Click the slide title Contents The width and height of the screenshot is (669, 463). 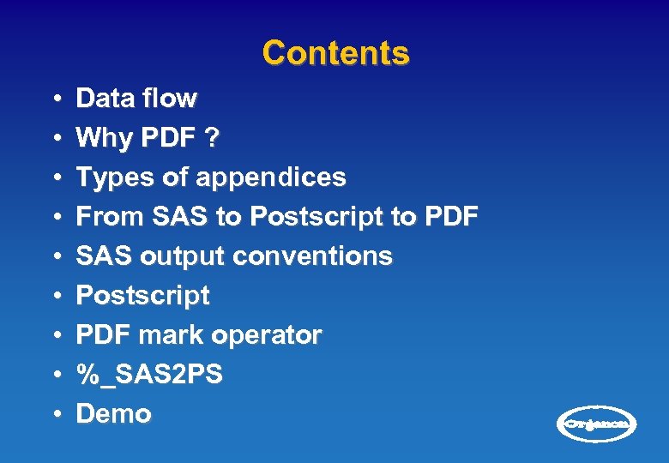click(x=335, y=53)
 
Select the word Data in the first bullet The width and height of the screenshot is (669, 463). click(x=100, y=99)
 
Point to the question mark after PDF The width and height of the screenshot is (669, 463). click(x=210, y=138)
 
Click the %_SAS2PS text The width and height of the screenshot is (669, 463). click(x=149, y=375)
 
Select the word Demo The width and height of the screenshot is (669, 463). click(x=113, y=414)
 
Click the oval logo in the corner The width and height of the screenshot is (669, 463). click(x=598, y=424)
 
